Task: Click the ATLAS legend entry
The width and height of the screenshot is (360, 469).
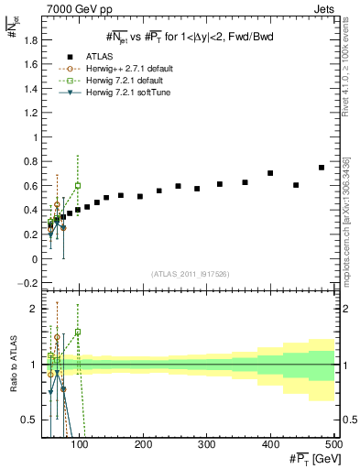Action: tap(96, 56)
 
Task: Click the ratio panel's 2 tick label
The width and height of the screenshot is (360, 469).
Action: tap(34, 309)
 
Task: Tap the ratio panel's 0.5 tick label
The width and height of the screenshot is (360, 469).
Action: tap(30, 420)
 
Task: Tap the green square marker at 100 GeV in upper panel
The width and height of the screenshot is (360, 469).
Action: tap(78, 185)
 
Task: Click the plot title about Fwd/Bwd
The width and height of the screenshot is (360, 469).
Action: tap(189, 36)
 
